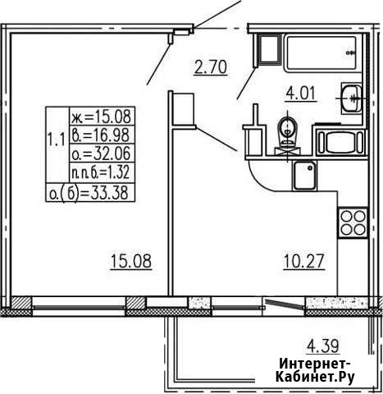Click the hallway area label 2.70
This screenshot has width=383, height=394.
tap(211, 67)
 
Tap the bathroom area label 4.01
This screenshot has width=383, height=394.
tap(301, 94)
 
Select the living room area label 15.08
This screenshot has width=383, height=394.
tap(131, 261)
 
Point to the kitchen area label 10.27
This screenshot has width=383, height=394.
tap(304, 261)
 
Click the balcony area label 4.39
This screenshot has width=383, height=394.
tap(323, 346)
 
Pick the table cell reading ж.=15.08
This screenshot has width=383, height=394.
tap(102, 117)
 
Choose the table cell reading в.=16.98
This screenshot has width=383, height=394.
tap(102, 135)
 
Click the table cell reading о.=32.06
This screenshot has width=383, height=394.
tap(102, 153)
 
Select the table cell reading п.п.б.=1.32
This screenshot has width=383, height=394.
tap(102, 172)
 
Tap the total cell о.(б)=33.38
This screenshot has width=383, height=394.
tap(90, 193)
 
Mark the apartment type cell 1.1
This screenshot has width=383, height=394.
tap(57, 141)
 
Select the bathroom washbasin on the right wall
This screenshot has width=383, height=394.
tap(352, 98)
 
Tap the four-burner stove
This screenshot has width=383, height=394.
tap(353, 223)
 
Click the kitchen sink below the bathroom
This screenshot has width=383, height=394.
tap(304, 176)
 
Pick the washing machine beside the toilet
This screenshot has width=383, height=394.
tap(341, 143)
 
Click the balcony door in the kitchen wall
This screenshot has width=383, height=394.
tap(285, 304)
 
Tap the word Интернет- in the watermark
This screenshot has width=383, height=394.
tap(315, 364)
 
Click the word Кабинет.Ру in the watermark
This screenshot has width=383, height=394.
tap(315, 377)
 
